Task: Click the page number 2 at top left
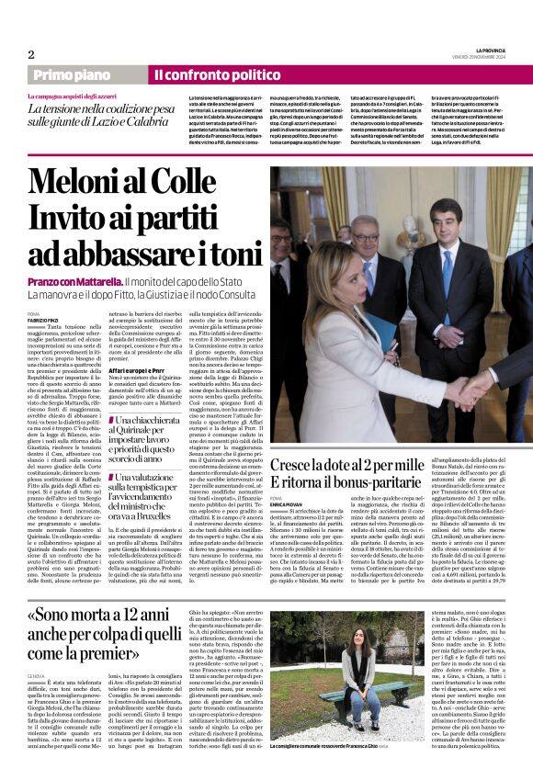click(x=30, y=54)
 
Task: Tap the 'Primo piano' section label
click(x=72, y=74)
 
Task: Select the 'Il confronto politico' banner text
click(x=203, y=74)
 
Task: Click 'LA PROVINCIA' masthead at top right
click(x=491, y=49)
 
